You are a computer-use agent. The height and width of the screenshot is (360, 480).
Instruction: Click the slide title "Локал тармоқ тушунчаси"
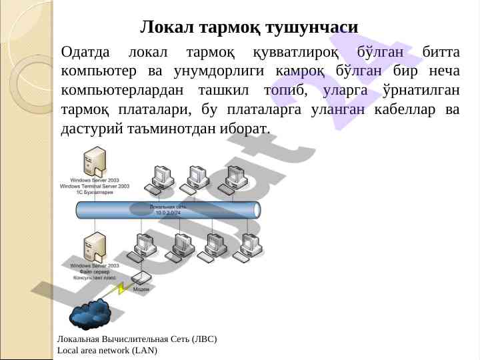click(x=249, y=27)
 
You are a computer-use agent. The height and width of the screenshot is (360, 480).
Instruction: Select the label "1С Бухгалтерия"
click(x=94, y=192)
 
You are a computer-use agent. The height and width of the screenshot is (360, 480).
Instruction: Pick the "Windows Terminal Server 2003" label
click(x=94, y=186)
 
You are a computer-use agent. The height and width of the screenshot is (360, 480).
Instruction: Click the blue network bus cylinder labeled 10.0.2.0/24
click(x=166, y=209)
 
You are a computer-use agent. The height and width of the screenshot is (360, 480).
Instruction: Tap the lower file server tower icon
click(x=94, y=245)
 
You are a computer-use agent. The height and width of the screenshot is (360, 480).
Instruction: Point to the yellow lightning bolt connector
click(x=122, y=289)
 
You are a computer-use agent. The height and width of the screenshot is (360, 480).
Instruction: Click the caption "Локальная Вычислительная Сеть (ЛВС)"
click(x=137, y=339)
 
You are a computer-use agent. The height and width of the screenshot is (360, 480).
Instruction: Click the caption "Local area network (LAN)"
click(x=107, y=349)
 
